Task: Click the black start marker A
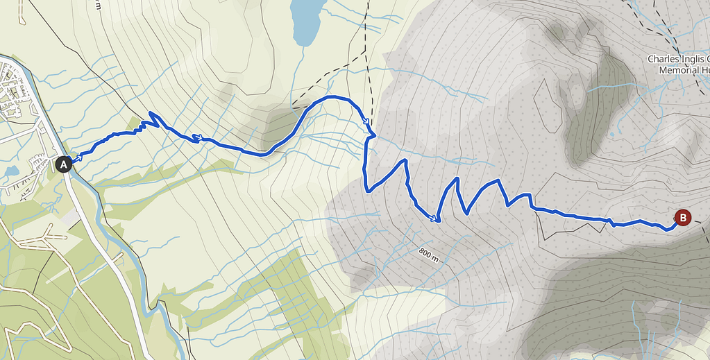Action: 63,164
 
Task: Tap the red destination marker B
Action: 683,218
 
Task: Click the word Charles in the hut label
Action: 663,59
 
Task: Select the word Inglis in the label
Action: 694,59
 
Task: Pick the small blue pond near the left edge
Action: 11,171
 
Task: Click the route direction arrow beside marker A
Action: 78,157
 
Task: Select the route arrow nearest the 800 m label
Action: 434,218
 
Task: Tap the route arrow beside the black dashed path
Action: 366,123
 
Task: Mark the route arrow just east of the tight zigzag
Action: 197,138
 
